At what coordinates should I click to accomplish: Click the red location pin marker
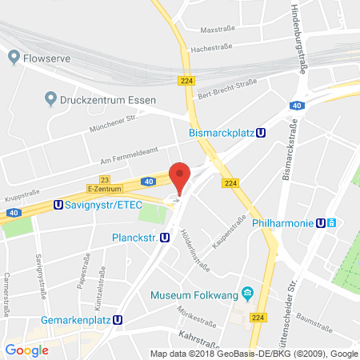[181, 177]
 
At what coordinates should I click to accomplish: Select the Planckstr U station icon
[164, 237]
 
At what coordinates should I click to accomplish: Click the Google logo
[26, 350]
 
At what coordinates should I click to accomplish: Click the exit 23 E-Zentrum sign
[105, 185]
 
